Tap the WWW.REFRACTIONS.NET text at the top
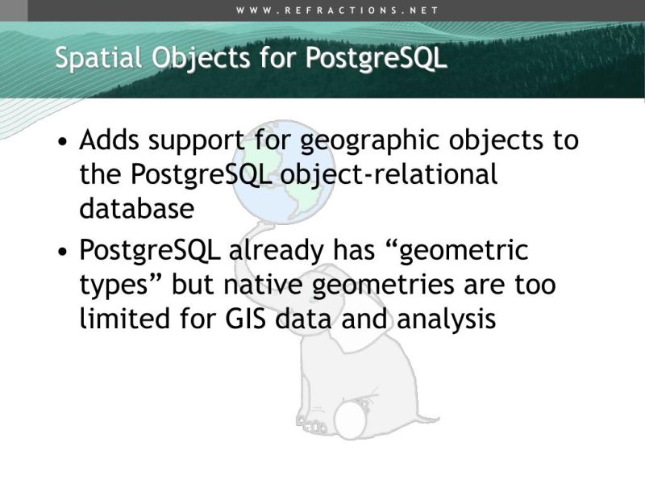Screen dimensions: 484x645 coord(338,10)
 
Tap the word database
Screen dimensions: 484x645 coord(136,208)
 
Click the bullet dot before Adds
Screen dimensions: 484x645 coord(63,143)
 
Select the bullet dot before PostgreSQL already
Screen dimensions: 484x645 coord(63,252)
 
